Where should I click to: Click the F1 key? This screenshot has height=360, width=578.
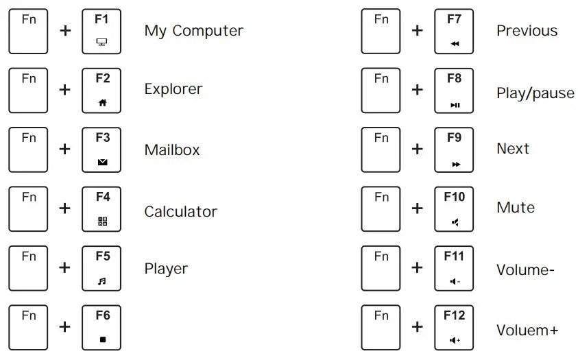102,31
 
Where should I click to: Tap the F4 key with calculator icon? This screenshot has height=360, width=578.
102,208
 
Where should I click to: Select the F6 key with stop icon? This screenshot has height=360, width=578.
102,327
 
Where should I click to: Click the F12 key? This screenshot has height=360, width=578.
454,327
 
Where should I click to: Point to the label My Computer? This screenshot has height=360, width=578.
193,31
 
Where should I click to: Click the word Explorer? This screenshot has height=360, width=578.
173,89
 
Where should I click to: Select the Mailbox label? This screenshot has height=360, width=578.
171,149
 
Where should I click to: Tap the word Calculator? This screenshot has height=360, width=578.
180,211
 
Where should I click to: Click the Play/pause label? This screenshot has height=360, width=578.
535,93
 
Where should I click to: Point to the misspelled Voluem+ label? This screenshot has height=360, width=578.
527,330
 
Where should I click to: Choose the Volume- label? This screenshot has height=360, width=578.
525,269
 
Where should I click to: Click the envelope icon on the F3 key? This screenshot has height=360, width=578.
102,163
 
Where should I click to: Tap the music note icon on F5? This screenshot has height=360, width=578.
102,281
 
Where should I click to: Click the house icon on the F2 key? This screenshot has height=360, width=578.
102,103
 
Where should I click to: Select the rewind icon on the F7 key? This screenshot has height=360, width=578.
455,44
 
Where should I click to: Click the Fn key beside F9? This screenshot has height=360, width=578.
381,149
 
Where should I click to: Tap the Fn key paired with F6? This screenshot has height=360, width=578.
29,327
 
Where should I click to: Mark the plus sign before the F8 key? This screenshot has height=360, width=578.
417,90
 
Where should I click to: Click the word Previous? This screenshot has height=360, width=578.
527,31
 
